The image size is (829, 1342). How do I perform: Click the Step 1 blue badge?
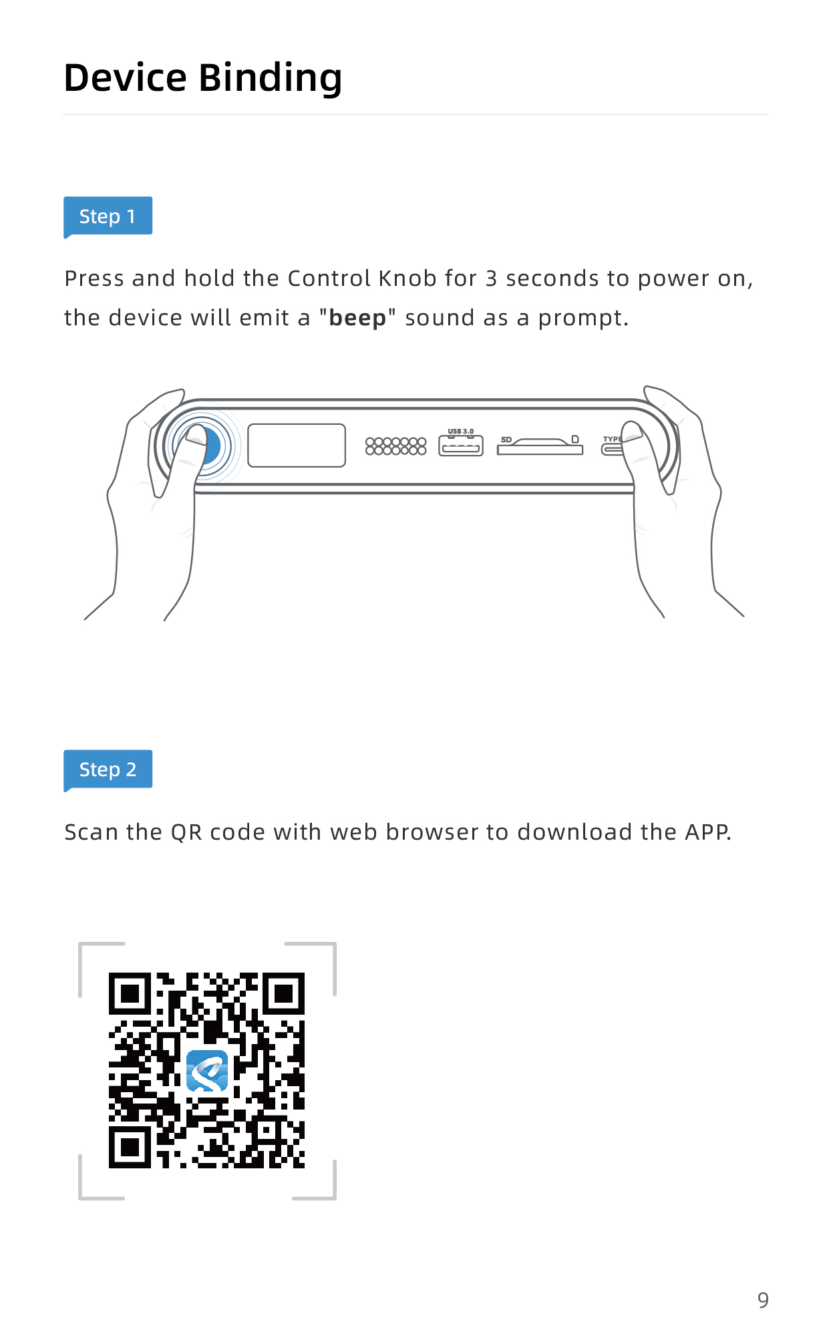click(108, 216)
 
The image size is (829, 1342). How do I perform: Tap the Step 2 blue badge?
click(108, 770)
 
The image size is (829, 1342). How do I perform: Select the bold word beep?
click(357, 318)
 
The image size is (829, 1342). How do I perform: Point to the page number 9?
click(763, 1300)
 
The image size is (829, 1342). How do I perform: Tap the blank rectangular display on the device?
click(297, 446)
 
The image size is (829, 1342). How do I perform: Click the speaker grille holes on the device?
click(395, 446)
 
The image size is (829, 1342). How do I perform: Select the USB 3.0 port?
click(461, 446)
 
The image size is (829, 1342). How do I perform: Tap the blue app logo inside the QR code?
click(207, 1071)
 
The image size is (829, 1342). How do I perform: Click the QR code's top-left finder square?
click(130, 994)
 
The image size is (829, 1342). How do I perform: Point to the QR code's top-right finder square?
click(284, 994)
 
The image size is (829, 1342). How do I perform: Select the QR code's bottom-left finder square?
click(130, 1147)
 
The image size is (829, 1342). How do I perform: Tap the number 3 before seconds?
click(492, 279)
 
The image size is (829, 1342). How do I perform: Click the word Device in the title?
click(125, 77)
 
